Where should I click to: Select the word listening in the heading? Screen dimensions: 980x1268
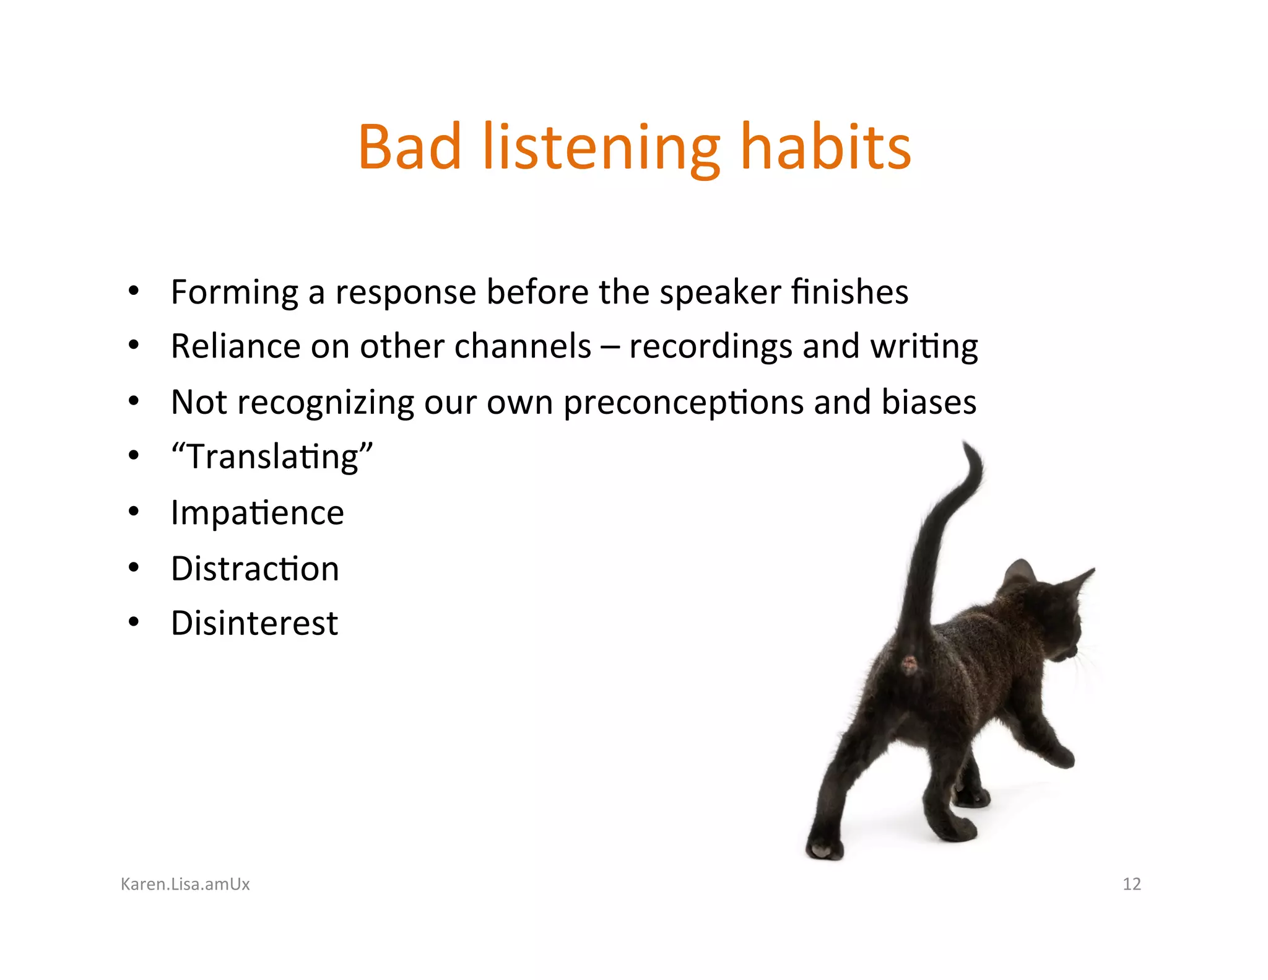click(x=601, y=149)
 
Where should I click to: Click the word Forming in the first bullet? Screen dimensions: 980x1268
click(x=234, y=292)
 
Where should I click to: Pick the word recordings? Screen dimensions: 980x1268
click(x=710, y=347)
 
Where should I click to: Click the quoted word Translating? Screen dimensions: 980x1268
click(x=272, y=457)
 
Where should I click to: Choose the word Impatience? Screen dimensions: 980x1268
click(x=257, y=513)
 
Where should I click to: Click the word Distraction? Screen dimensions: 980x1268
click(x=254, y=569)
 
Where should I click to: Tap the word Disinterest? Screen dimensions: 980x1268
click(x=254, y=623)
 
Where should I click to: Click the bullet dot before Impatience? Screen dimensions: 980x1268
click(x=133, y=512)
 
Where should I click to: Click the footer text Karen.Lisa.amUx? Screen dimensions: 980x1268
click(x=185, y=884)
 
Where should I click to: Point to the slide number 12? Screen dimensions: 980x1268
click(x=1131, y=884)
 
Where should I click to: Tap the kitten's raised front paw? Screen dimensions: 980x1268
click(x=1060, y=756)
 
